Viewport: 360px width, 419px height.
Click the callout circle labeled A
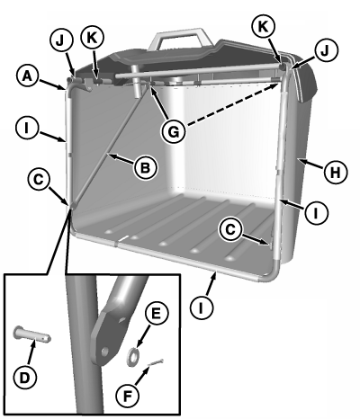pyautogui.click(x=27, y=76)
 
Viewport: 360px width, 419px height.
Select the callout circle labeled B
pyautogui.click(x=146, y=167)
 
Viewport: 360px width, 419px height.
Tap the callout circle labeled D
pyautogui.click(x=25, y=378)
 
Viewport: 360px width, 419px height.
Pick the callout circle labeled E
pyautogui.click(x=157, y=314)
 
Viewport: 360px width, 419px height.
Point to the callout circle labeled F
pyautogui.click(x=128, y=397)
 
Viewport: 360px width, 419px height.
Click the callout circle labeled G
pyautogui.click(x=174, y=132)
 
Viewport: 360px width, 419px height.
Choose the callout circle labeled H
pyautogui.click(x=336, y=173)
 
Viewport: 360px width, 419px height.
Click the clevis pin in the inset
pyautogui.click(x=32, y=334)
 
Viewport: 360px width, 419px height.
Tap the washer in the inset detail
pyautogui.click(x=132, y=356)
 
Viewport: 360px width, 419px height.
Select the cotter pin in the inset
pyautogui.click(x=155, y=362)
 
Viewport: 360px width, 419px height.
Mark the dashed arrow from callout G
pyautogui.click(x=232, y=104)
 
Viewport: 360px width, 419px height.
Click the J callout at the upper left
pyautogui.click(x=61, y=41)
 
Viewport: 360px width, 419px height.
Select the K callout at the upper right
pyautogui.click(x=263, y=26)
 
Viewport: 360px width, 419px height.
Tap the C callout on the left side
pyautogui.click(x=40, y=180)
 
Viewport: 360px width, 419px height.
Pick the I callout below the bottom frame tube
pyautogui.click(x=202, y=307)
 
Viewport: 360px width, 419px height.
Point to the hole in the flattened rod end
pyautogui.click(x=104, y=352)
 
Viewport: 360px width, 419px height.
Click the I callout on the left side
pyautogui.click(x=27, y=129)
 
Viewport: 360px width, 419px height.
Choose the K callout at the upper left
pyautogui.click(x=93, y=38)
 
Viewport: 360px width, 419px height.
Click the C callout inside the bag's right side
pyautogui.click(x=231, y=229)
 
